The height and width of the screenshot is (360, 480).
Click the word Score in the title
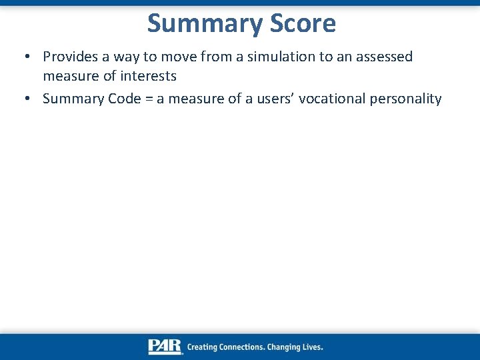point(303,24)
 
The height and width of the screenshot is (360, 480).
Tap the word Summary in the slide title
point(206,24)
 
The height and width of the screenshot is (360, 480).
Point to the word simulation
point(281,57)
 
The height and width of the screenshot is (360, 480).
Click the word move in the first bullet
point(179,57)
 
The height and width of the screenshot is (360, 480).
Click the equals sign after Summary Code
point(148,99)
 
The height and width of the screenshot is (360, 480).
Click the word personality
point(404,99)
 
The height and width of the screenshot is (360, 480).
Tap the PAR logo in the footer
point(165,347)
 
